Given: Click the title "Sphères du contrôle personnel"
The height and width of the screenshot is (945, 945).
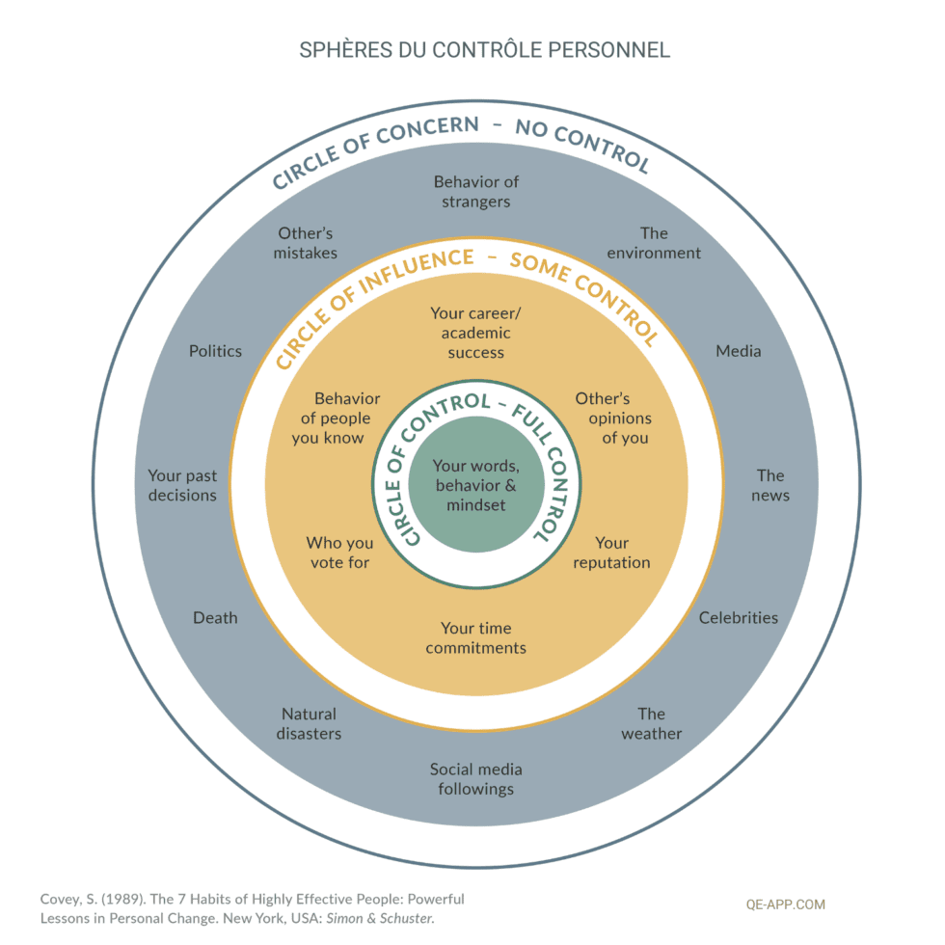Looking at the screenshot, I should pyautogui.click(x=472, y=50).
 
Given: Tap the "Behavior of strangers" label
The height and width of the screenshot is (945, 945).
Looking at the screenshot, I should pyautogui.click(x=475, y=192).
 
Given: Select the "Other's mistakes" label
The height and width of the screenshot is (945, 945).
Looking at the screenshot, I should pyautogui.click(x=306, y=243).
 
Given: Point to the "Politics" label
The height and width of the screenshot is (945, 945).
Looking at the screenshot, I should pyautogui.click(x=215, y=351).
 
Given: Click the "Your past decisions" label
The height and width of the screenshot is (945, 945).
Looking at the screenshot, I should pyautogui.click(x=182, y=485).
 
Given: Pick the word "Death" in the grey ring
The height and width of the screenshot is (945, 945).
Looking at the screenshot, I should pyautogui.click(x=215, y=617).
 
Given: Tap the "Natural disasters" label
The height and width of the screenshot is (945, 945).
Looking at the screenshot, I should pyautogui.click(x=309, y=723).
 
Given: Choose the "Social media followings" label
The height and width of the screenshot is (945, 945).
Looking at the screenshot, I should pyautogui.click(x=475, y=778).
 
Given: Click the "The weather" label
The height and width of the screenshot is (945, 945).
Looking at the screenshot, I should pyautogui.click(x=651, y=723).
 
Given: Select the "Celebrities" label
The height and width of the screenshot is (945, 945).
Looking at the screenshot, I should pyautogui.click(x=738, y=617).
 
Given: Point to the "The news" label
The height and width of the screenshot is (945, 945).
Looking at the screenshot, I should pyautogui.click(x=770, y=485).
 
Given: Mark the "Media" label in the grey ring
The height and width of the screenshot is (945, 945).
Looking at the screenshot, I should pyautogui.click(x=738, y=351).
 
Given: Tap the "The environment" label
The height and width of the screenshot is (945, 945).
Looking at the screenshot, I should pyautogui.click(x=654, y=243).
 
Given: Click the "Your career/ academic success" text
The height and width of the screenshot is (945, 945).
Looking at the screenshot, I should pyautogui.click(x=475, y=333).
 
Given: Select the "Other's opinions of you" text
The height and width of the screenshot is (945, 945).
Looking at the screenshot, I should pyautogui.click(x=613, y=418).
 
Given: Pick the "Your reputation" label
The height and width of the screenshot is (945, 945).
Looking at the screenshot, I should pyautogui.click(x=611, y=553).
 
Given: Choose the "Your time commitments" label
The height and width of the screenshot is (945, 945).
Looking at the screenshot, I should pyautogui.click(x=475, y=638).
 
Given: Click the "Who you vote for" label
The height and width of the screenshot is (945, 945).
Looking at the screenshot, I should pyautogui.click(x=339, y=553).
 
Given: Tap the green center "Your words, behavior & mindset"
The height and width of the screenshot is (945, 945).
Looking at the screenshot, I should pyautogui.click(x=475, y=485).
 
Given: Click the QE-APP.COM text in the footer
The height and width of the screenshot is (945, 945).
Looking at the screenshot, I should pyautogui.click(x=786, y=904).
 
